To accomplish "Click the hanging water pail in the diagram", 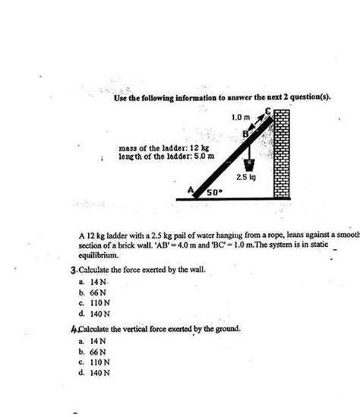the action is [248, 163].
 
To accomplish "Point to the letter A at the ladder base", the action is [190, 188].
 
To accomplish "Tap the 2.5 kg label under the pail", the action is [245, 177].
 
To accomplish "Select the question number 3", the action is [71, 270].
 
